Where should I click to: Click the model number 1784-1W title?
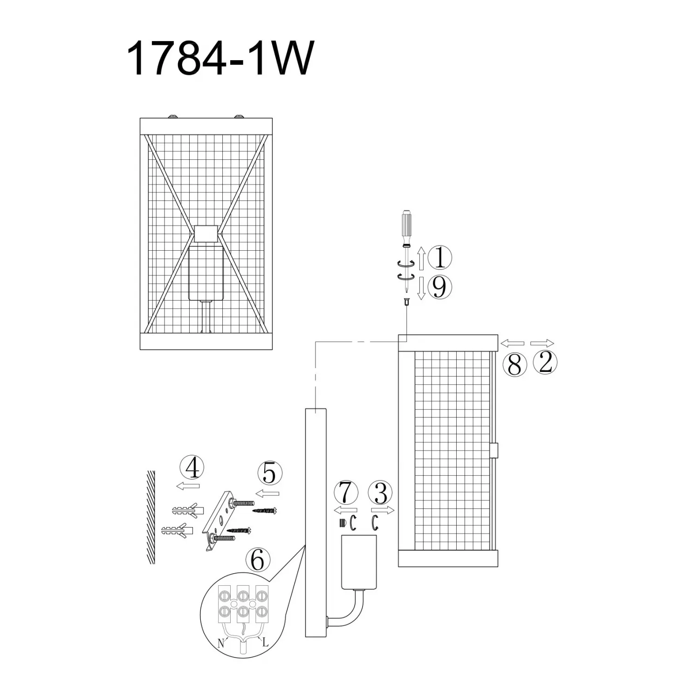(x=220, y=58)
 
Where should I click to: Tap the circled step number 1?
(x=440, y=258)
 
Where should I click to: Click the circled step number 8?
(x=514, y=364)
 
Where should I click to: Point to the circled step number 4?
(x=192, y=468)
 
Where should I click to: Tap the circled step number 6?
(x=257, y=560)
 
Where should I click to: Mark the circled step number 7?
(x=346, y=493)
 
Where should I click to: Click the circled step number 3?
(x=380, y=493)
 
